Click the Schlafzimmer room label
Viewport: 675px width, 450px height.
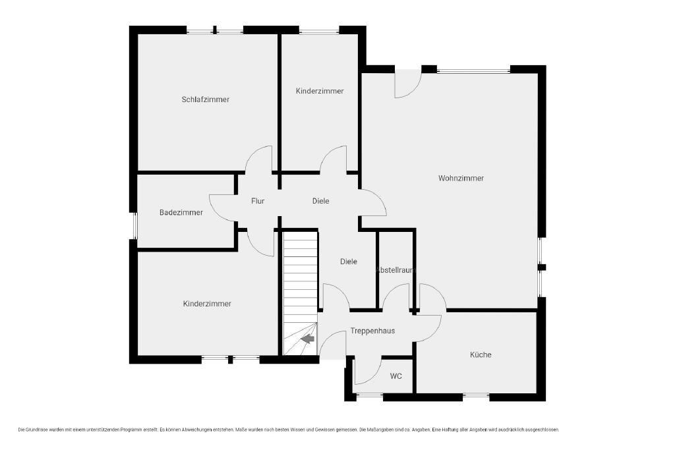tap(206, 99)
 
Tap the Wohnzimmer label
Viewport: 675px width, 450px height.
tap(461, 178)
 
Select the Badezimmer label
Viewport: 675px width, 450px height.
tap(181, 213)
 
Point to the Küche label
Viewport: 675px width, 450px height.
tap(481, 355)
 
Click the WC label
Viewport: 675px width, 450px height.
tap(396, 376)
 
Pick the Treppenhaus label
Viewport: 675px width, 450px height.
tap(372, 331)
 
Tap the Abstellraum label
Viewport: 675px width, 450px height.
tap(396, 270)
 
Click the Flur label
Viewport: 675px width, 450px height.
tap(258, 201)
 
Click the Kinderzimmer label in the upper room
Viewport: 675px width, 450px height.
tap(320, 91)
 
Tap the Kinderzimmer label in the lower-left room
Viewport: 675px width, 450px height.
tap(207, 304)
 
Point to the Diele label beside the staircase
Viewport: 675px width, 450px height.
tap(348, 262)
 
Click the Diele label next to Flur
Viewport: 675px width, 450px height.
tap(321, 201)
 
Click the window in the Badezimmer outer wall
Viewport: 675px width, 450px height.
tap(134, 226)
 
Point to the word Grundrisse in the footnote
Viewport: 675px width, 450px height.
tap(38, 430)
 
